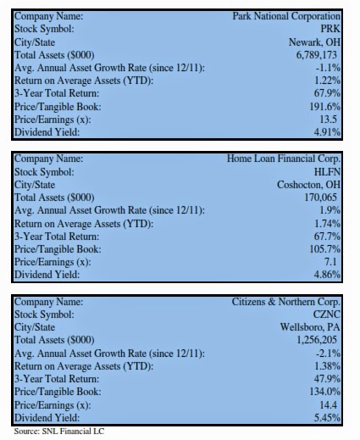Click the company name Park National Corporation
[286, 16]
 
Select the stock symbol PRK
[330, 29]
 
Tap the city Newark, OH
[314, 42]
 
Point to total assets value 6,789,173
[317, 55]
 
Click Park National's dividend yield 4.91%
[327, 132]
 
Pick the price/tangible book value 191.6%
[325, 107]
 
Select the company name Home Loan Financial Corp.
[284, 159]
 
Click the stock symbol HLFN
[327, 172]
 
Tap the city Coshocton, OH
[308, 185]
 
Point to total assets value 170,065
[320, 198]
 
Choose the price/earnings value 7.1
[330, 262]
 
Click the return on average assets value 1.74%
[328, 224]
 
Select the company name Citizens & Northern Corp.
[286, 302]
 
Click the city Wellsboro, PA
[310, 327]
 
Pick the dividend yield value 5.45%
[327, 418]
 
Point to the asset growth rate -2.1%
[328, 354]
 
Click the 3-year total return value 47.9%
[327, 379]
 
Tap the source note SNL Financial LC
[73, 432]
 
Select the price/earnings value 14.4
[328, 405]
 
